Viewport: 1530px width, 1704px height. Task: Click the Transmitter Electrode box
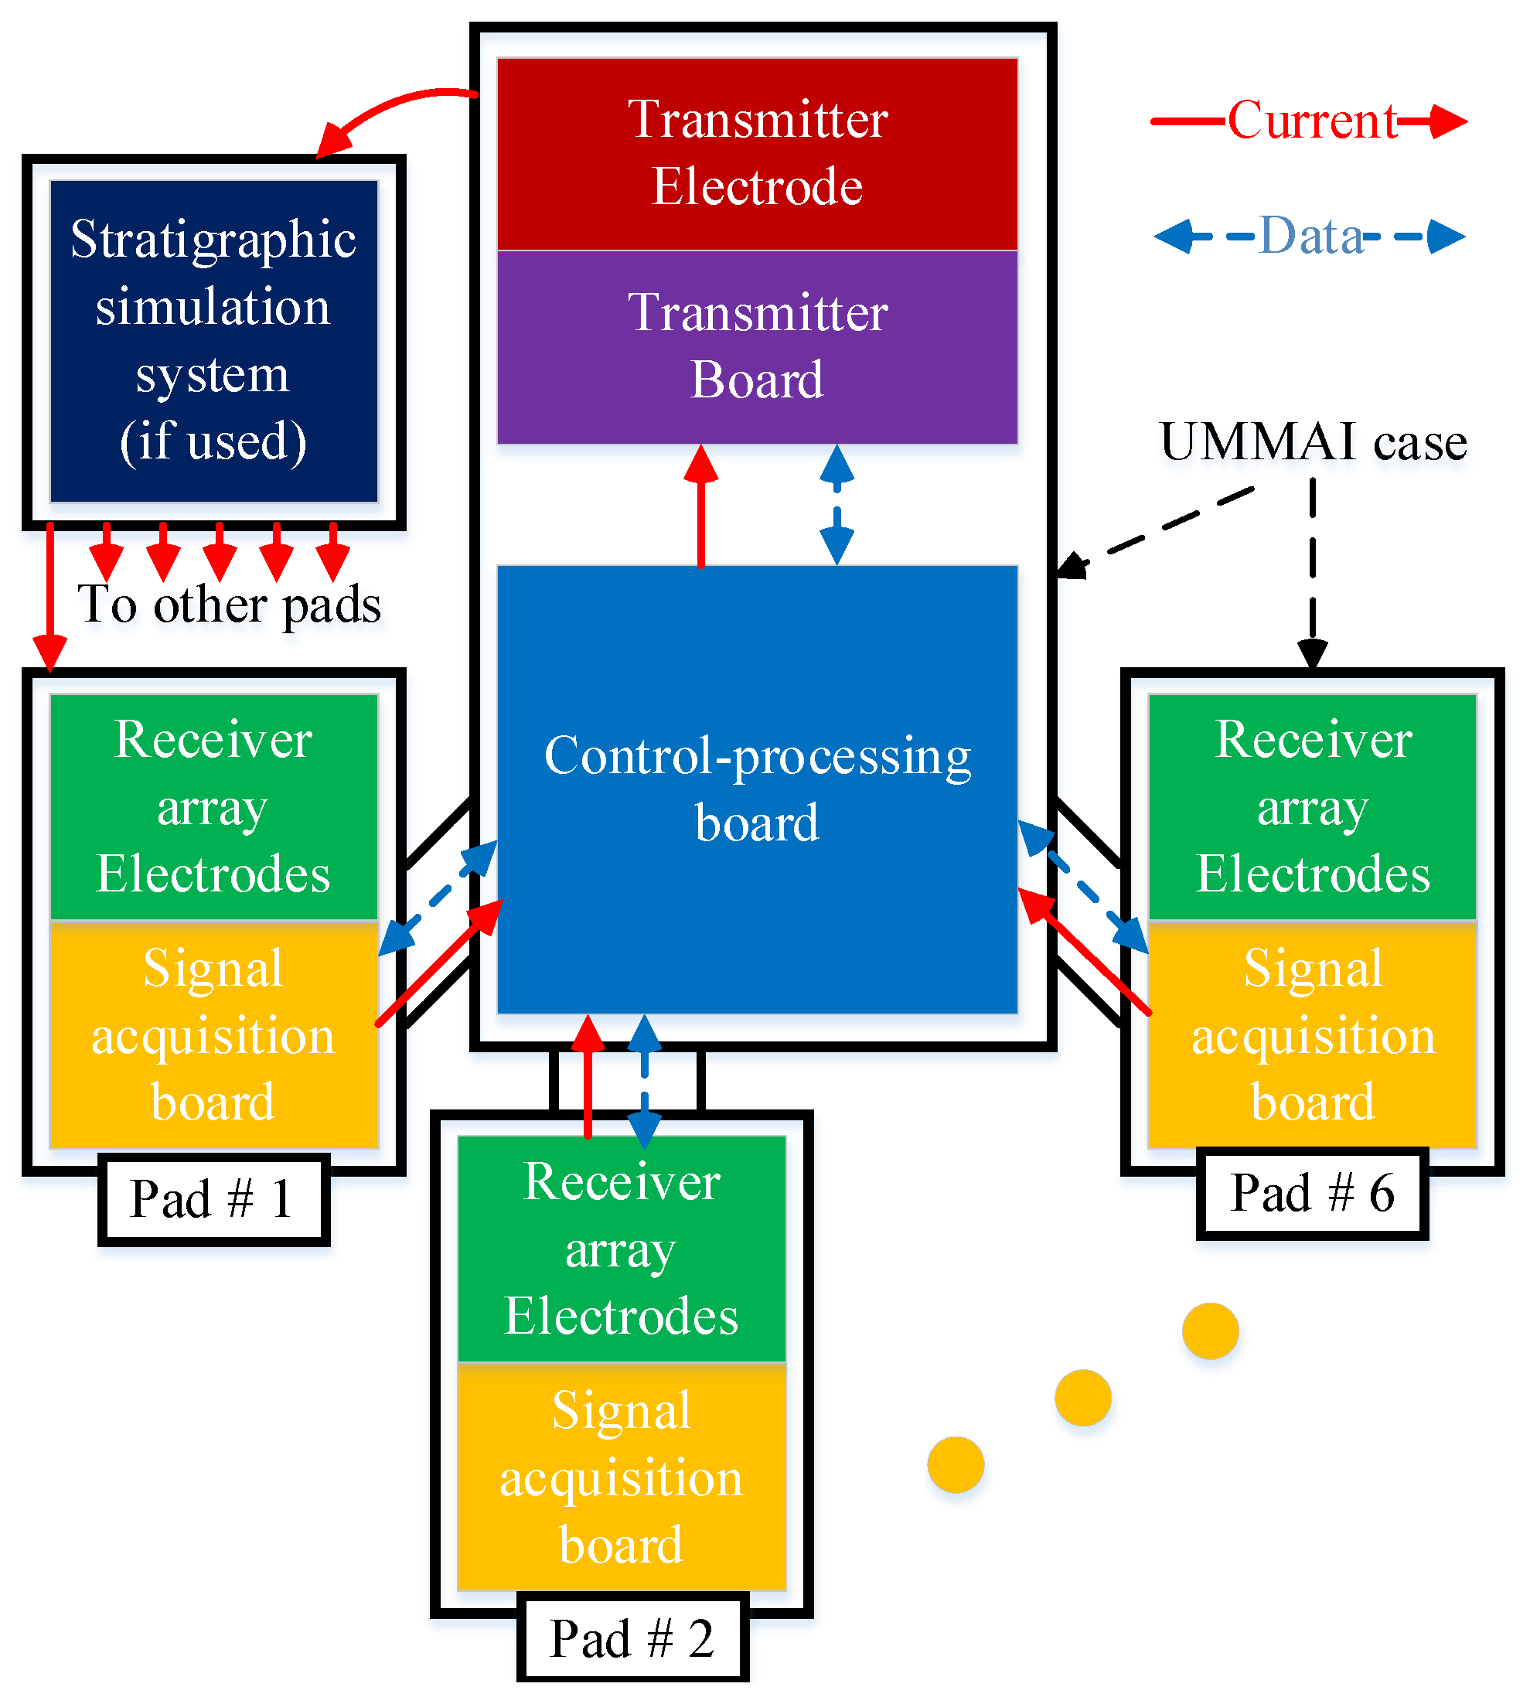pyautogui.click(x=757, y=153)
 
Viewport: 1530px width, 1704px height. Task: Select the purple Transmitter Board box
pyautogui.click(x=757, y=346)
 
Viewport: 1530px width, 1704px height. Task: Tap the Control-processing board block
pyautogui.click(x=757, y=789)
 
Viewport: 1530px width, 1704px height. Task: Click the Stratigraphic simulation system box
pyautogui.click(x=213, y=340)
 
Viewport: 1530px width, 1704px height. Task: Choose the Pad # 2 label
pyautogui.click(x=632, y=1638)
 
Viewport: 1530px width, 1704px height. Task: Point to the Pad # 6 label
pyautogui.click(x=1311, y=1192)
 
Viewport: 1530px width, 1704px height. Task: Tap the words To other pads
pyautogui.click(x=229, y=604)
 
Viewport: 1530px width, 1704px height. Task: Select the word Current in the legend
pyautogui.click(x=1311, y=120)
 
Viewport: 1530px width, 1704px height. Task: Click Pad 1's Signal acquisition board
pyautogui.click(x=213, y=1034)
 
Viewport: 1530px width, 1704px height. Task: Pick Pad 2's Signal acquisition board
pyautogui.click(x=622, y=1476)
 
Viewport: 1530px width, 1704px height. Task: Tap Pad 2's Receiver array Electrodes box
pyautogui.click(x=622, y=1248)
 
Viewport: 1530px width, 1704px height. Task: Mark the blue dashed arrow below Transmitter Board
pyautogui.click(x=837, y=504)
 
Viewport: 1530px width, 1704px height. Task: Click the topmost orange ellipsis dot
pyautogui.click(x=1210, y=1331)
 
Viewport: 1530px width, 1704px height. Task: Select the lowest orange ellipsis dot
pyautogui.click(x=955, y=1464)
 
